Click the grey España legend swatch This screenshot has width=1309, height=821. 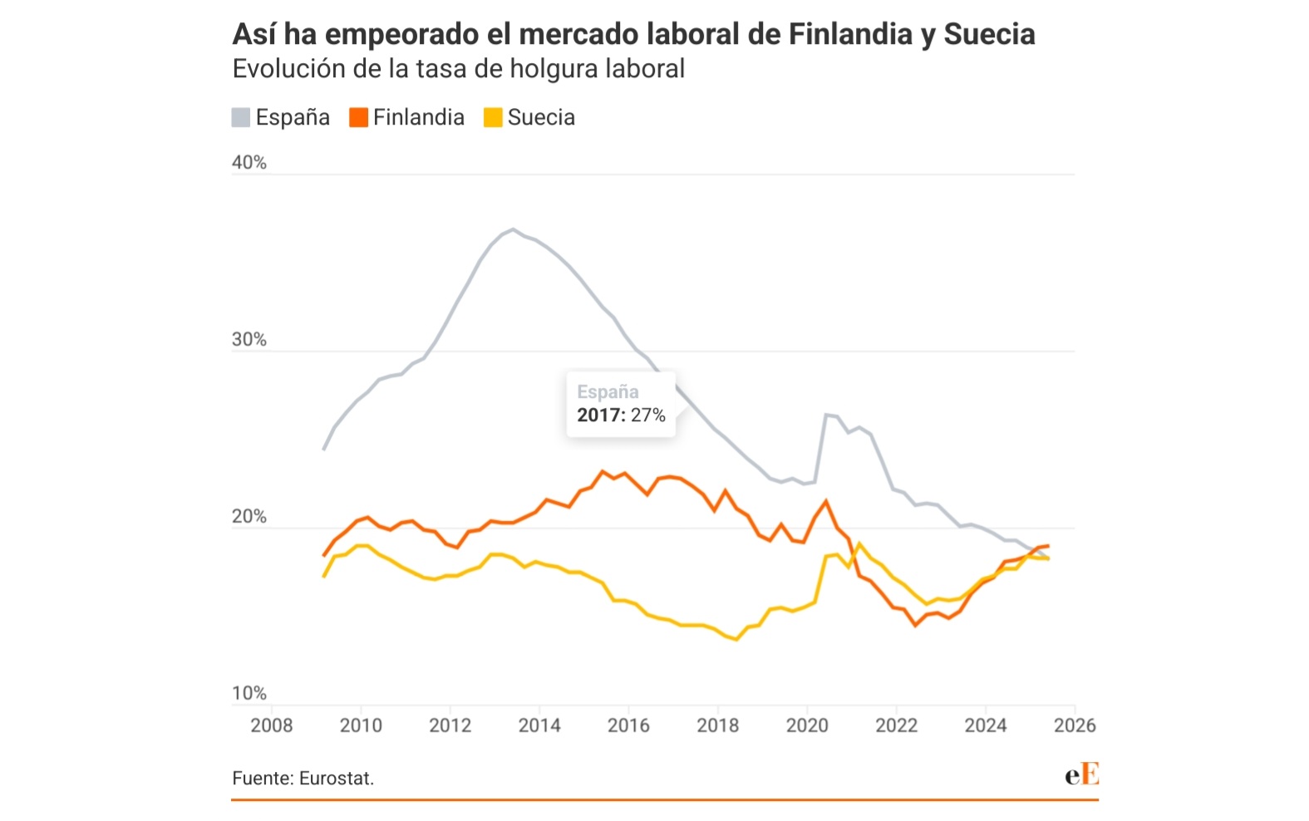(241, 117)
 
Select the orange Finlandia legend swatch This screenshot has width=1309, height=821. (358, 117)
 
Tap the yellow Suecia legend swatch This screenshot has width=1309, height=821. (493, 117)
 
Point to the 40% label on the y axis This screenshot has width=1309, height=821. (249, 162)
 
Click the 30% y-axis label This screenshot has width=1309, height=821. (249, 339)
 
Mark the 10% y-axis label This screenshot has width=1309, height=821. (249, 693)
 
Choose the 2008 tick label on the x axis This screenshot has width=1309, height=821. (272, 725)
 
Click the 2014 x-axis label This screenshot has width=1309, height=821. (539, 725)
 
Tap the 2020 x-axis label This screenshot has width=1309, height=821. (807, 725)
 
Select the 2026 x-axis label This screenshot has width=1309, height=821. (1075, 725)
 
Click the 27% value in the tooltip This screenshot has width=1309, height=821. (648, 415)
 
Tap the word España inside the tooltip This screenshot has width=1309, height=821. (608, 392)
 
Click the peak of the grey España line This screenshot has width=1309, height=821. (513, 229)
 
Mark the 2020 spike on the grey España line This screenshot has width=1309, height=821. (827, 414)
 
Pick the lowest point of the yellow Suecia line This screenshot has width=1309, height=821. (736, 639)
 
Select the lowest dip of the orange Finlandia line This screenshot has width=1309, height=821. (916, 625)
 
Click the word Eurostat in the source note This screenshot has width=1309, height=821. (336, 779)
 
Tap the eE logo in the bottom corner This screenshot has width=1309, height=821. (1081, 774)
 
